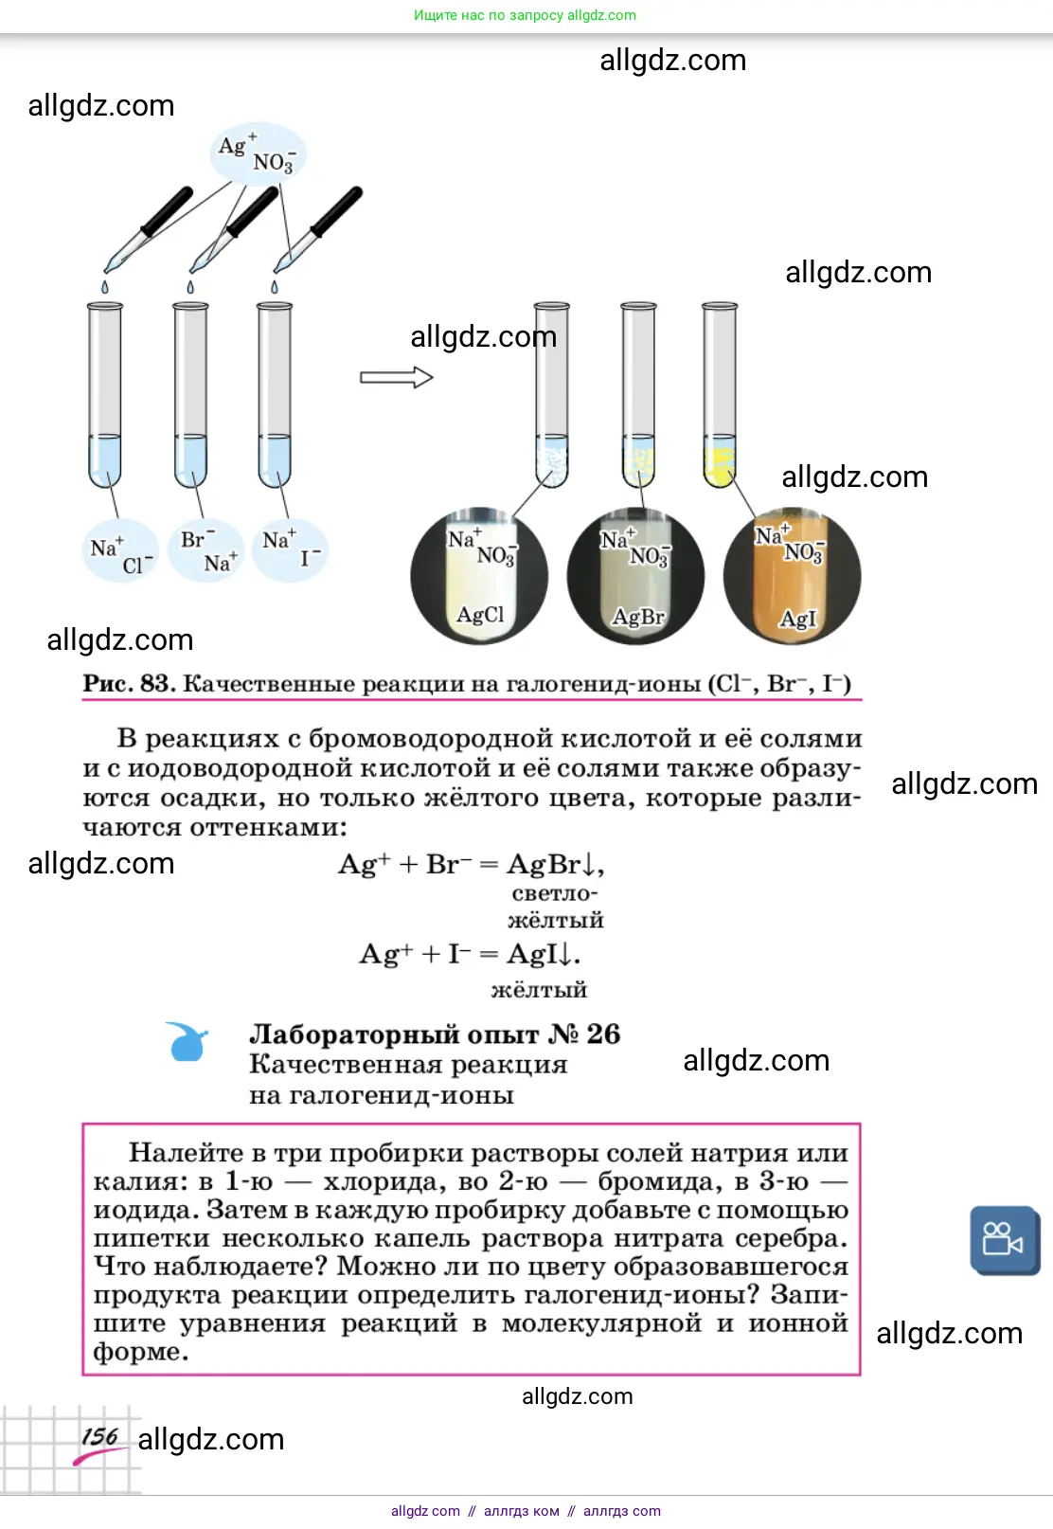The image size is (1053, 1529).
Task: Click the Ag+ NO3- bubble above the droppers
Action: (258, 153)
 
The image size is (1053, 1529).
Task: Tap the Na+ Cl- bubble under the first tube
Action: (120, 551)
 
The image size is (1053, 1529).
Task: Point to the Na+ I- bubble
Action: (293, 549)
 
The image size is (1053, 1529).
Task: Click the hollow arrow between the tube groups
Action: (396, 377)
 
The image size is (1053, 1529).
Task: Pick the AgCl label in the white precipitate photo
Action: (480, 615)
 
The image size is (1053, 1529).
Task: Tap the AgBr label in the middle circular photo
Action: (637, 617)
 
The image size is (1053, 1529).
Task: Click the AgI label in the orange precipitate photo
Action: (796, 619)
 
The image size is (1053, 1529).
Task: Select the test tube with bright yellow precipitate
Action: (720, 398)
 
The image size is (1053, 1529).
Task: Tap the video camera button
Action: (1004, 1239)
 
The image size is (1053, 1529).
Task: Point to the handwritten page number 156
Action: (99, 1436)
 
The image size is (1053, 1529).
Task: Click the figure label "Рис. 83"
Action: (129, 683)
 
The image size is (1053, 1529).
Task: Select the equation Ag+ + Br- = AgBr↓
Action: (471, 864)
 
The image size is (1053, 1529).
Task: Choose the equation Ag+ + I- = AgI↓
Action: (470, 953)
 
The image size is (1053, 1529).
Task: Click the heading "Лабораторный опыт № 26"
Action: (435, 1034)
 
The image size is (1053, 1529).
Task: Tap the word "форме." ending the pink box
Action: (140, 1352)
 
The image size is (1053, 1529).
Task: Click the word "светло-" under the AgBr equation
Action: (555, 893)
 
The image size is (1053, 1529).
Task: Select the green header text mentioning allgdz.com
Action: (525, 15)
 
